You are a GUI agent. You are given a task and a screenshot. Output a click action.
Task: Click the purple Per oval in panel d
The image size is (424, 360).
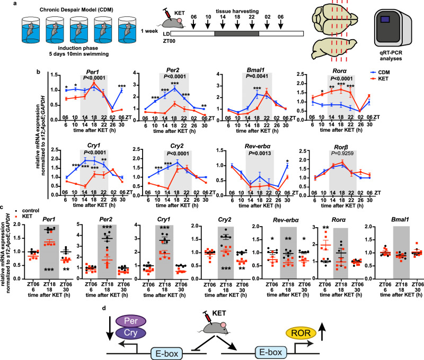click(131, 321)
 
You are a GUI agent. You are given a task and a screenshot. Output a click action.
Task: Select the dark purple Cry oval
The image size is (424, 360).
click(130, 332)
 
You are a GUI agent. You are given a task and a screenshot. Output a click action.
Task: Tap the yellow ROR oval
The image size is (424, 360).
click(301, 333)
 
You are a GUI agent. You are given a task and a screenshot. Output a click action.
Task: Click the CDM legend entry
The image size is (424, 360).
click(380, 72)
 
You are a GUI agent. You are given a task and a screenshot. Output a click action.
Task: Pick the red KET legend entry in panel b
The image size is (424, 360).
click(379, 78)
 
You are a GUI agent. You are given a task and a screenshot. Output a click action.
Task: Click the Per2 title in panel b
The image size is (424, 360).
click(173, 71)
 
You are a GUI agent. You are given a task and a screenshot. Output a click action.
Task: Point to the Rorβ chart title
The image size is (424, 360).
click(341, 148)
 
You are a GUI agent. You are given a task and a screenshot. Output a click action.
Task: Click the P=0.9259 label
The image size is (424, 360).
click(342, 154)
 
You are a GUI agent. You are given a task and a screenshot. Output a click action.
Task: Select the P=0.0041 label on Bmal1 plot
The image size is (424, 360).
click(257, 76)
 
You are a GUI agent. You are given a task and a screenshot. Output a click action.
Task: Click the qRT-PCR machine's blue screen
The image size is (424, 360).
click(385, 19)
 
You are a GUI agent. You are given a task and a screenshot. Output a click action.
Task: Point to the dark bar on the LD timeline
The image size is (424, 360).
click(236, 34)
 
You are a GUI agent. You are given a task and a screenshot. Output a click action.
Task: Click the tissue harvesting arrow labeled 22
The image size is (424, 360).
click(252, 25)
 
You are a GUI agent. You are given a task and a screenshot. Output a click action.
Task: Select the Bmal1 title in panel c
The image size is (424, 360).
click(400, 220)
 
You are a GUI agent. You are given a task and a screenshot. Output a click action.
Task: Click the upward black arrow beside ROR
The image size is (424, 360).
click(322, 331)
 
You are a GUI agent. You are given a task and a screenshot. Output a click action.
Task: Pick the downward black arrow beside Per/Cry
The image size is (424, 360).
click(110, 331)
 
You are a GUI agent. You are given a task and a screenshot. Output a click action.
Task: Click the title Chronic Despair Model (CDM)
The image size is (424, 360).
click(76, 10)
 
